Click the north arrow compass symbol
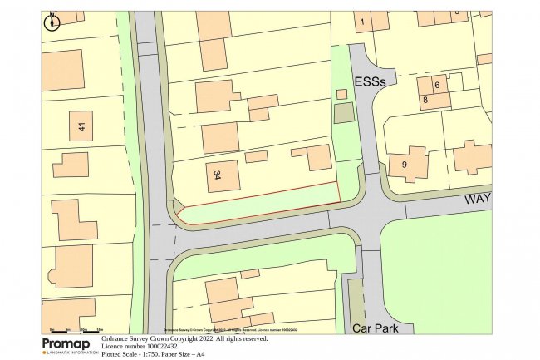(x=52, y=22)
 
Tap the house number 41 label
(x=81, y=126)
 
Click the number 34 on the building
(x=217, y=175)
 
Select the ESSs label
(x=371, y=82)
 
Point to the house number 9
(x=405, y=165)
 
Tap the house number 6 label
(x=436, y=86)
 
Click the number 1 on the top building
(x=362, y=22)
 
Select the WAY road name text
(x=477, y=200)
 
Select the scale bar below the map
(x=72, y=330)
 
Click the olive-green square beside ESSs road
(x=343, y=114)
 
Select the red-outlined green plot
(x=258, y=204)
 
